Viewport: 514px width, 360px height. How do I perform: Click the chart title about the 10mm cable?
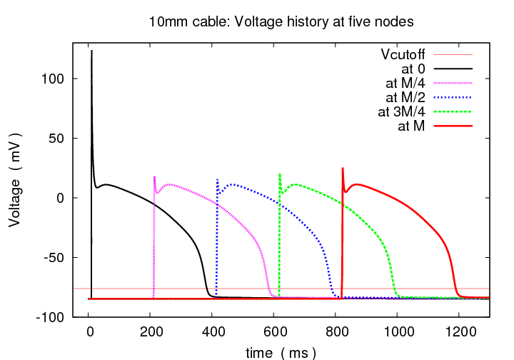tap(281, 21)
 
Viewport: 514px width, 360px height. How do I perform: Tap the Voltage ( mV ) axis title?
tap(14, 179)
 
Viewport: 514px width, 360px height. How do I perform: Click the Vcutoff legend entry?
tap(404, 54)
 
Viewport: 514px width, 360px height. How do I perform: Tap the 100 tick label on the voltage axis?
tap(55, 79)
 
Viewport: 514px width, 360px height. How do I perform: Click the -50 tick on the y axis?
tap(56, 257)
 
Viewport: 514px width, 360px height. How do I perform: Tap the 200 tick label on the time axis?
tap(151, 331)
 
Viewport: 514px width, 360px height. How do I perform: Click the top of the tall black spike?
tap(91, 51)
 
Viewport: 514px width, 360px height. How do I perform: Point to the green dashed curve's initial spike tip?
tap(280, 174)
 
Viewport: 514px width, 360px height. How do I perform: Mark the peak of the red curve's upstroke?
tap(343, 168)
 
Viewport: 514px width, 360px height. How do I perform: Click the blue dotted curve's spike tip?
tap(218, 179)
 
